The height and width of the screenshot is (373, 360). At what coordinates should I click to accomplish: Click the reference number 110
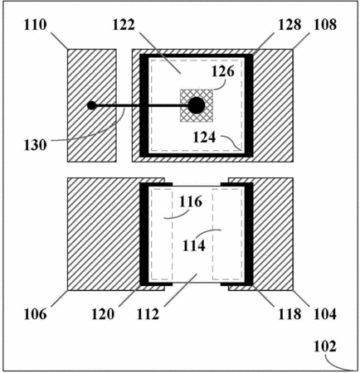click(x=35, y=25)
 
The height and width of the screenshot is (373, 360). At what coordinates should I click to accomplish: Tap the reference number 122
click(x=124, y=25)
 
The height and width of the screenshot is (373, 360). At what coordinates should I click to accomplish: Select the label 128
click(x=289, y=25)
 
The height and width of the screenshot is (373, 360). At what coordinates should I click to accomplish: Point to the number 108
click(x=325, y=25)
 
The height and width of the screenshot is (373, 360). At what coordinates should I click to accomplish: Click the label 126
click(x=223, y=71)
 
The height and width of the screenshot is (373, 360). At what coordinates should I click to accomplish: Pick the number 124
click(x=204, y=138)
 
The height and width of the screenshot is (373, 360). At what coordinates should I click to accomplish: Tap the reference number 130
click(x=35, y=145)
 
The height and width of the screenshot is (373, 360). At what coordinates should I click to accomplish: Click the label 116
click(x=191, y=202)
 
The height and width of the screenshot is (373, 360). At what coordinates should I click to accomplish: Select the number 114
click(x=194, y=245)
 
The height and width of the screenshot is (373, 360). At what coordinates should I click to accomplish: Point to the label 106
click(x=35, y=314)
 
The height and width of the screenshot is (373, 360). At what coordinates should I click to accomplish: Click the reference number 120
click(x=103, y=314)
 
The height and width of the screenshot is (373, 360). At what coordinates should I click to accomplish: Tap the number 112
click(x=148, y=314)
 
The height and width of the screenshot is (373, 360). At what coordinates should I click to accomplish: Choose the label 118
click(x=289, y=314)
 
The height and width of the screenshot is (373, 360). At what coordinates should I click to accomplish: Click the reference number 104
click(x=325, y=314)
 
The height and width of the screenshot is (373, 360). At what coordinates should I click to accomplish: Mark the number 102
click(x=325, y=346)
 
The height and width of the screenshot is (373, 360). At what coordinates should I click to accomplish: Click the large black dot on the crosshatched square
click(x=197, y=105)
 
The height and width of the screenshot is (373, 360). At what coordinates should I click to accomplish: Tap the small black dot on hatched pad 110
click(x=92, y=105)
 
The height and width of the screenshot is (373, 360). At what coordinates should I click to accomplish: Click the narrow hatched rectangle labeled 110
click(x=92, y=105)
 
